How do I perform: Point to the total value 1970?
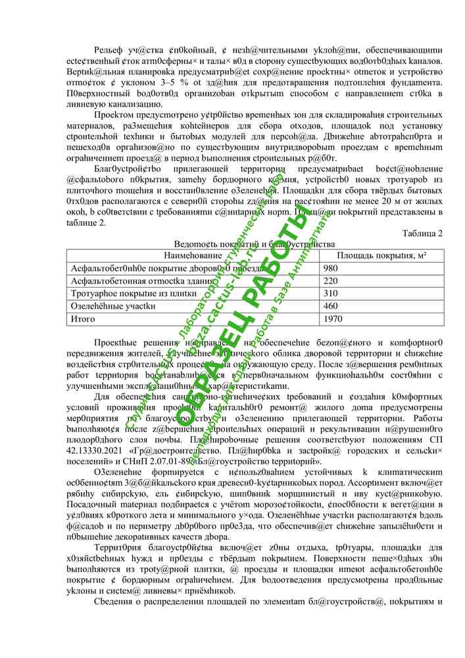[333, 318]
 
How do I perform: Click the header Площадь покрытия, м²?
[381, 255]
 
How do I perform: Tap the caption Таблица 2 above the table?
[422, 233]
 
